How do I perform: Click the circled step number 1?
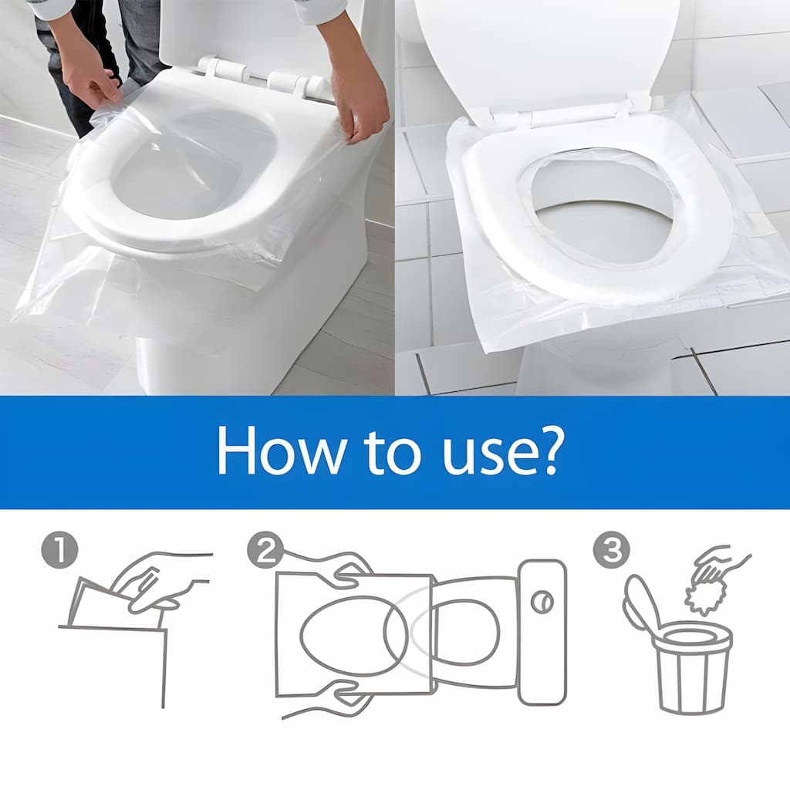tap(59, 552)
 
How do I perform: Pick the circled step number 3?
tap(609, 552)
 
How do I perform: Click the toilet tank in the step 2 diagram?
tap(542, 631)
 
